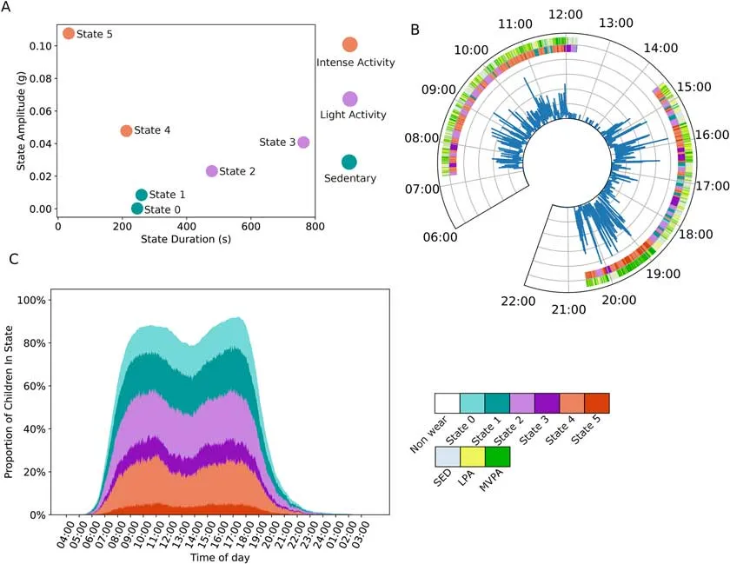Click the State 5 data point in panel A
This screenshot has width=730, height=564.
point(69,33)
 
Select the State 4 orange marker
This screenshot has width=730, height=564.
point(126,131)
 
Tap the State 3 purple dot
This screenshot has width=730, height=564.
point(303,143)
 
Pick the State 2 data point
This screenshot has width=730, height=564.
point(212,171)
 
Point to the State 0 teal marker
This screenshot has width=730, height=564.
point(137,209)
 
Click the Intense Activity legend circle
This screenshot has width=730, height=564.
point(349,44)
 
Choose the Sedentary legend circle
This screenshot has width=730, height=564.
point(349,162)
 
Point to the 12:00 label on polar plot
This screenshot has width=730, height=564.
point(567,15)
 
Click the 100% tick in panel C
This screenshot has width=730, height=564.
point(41,300)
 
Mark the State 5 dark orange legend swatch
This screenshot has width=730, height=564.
point(596,403)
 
